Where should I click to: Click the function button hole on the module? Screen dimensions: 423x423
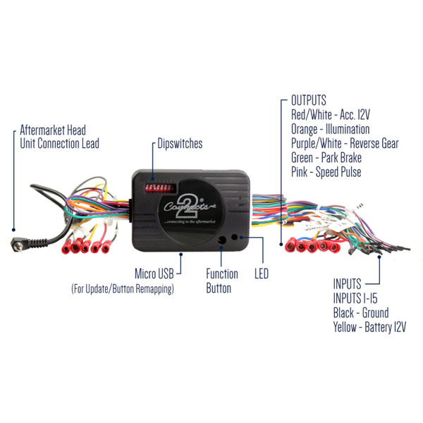(223, 240)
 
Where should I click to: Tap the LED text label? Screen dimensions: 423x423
(261, 273)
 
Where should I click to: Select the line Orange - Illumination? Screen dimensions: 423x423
(330, 130)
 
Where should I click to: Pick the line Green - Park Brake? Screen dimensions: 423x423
(326, 158)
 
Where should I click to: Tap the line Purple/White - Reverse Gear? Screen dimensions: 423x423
(345, 144)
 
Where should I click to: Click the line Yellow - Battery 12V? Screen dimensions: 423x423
(369, 327)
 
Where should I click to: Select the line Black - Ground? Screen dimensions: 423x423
(360, 313)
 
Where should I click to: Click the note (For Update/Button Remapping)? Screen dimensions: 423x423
(122, 289)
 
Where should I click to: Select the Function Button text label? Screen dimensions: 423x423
(221, 281)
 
